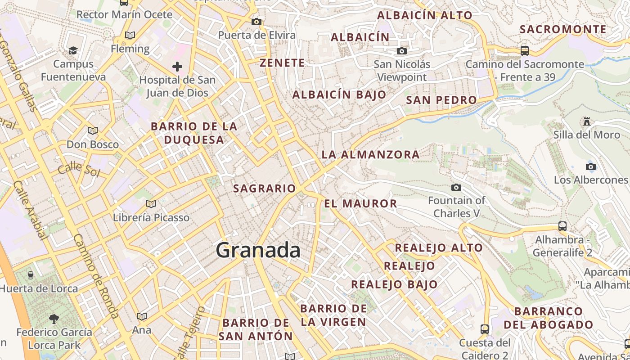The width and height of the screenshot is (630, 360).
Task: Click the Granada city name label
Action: coord(258,250)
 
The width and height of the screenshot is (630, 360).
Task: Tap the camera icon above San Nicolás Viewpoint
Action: coord(401,51)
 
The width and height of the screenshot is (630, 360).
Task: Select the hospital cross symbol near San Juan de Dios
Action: coord(177,67)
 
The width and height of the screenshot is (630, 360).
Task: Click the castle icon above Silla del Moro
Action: coord(586,121)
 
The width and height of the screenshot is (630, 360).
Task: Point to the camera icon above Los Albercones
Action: coord(591,166)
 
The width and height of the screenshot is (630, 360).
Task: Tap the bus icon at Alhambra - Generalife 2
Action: coord(562,226)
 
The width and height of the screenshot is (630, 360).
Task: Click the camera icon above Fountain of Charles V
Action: coord(456,187)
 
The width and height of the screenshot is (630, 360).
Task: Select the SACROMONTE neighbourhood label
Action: coord(563,30)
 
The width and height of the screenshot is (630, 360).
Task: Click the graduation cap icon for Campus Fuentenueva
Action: coord(73,50)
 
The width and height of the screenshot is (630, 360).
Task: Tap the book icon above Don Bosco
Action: coord(93,131)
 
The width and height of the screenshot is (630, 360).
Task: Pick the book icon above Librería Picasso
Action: coord(151,204)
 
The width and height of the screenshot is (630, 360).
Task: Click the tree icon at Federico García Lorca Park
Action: coord(54,319)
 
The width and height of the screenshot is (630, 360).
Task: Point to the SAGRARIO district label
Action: coord(264,189)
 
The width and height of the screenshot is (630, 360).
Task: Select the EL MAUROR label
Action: coord(360,203)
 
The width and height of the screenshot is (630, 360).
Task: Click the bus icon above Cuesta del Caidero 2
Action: coord(484,329)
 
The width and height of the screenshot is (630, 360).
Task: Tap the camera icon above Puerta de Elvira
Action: coord(256,22)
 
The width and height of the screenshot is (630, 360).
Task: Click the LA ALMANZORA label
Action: coord(370,155)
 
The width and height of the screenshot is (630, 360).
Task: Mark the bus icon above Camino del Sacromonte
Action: coord(524,50)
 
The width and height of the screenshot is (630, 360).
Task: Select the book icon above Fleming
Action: coord(130,35)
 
